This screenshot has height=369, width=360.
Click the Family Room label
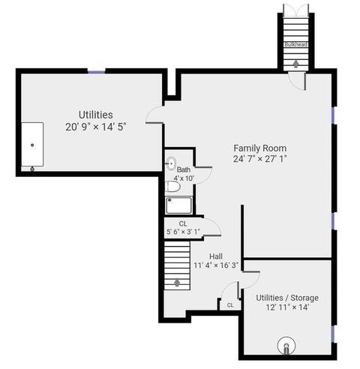pyautogui.click(x=260, y=148)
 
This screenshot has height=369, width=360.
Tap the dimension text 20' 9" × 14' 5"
pyautogui.click(x=96, y=127)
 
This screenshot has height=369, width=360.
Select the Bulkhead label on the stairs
pyautogui.click(x=296, y=44)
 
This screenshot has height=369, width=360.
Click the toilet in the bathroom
pyautogui.click(x=172, y=187)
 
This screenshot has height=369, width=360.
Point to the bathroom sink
pyautogui.click(x=171, y=163)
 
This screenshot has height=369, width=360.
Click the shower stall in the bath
pyautogui.click(x=178, y=205)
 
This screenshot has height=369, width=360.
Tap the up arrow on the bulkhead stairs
pyautogui.click(x=296, y=64)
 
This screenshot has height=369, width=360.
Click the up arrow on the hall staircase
pyautogui.click(x=177, y=283)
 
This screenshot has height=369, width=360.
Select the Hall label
pyautogui.click(x=216, y=256)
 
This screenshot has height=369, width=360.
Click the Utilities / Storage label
pyautogui.click(x=287, y=298)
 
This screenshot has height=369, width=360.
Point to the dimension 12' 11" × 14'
pyautogui.click(x=287, y=307)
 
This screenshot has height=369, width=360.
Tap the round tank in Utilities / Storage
pyautogui.click(x=286, y=346)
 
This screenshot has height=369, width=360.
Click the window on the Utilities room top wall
pyautogui.click(x=97, y=72)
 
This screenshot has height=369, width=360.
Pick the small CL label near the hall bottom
pyautogui.click(x=230, y=305)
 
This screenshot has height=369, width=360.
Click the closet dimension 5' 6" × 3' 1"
pyautogui.click(x=183, y=232)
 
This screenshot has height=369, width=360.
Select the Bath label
pyautogui.click(x=184, y=169)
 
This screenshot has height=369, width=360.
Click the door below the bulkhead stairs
pyautogui.click(x=297, y=81)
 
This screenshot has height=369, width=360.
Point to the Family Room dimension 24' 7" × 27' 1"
pyautogui.click(x=260, y=159)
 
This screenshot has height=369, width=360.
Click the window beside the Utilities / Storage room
pyautogui.click(x=333, y=334)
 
